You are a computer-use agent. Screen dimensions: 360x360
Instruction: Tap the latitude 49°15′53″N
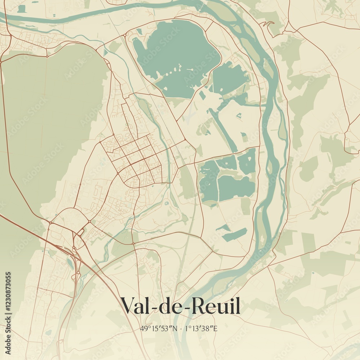159,328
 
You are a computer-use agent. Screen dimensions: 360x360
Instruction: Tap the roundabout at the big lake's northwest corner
125,35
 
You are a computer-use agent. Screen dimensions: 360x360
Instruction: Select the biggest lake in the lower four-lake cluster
236,187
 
